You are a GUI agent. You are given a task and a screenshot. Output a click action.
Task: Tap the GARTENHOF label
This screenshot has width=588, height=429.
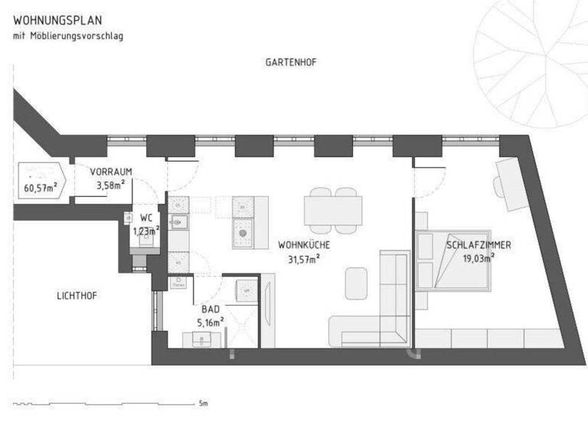point(291,61)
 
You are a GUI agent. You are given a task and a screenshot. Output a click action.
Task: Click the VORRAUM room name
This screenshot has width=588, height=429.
point(106,172)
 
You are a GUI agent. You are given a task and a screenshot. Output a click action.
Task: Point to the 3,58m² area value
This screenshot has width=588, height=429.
point(109,185)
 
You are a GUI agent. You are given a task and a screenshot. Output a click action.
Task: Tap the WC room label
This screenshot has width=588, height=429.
point(145,218)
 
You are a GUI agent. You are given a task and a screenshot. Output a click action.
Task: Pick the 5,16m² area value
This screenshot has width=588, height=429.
point(211,322)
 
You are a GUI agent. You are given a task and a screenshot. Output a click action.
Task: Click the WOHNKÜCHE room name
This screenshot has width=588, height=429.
point(304,246)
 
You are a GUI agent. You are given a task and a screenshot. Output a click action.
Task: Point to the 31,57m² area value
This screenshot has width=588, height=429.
point(304,258)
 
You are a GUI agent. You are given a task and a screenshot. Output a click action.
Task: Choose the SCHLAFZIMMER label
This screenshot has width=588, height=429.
point(479,246)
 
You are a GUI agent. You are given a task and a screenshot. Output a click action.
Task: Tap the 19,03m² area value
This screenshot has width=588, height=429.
point(479,258)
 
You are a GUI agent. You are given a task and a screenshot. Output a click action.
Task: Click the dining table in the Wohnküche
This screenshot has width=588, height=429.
point(334,208)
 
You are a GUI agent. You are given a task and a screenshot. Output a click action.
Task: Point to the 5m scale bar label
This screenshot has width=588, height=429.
point(203,402)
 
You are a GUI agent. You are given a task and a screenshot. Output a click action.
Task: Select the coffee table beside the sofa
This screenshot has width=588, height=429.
point(357,283)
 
